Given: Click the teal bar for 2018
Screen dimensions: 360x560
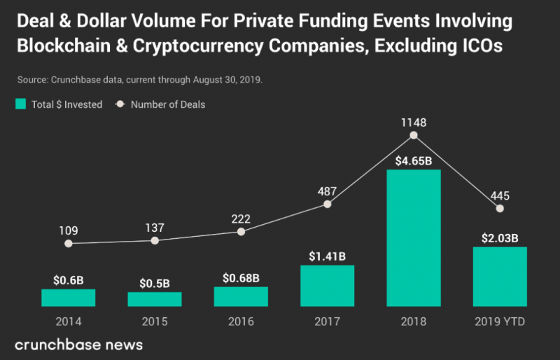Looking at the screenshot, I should pos(414,238).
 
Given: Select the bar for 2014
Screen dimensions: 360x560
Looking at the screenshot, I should pos(68,298).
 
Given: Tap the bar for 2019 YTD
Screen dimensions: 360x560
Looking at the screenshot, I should pos(500,277).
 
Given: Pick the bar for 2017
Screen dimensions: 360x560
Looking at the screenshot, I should pos(327,286).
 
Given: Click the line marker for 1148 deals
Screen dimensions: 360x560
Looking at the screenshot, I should pos(414,135).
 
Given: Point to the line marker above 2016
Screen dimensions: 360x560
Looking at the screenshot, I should pos(241,231).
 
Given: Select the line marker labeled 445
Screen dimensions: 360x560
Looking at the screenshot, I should pos(500,209).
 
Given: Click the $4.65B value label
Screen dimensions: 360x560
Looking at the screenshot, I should pos(414,161).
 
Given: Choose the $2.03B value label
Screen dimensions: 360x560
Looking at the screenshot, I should pos(500,238).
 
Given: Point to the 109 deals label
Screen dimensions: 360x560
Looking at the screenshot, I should pos(68,229).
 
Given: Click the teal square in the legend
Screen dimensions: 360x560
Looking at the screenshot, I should pos(20,104).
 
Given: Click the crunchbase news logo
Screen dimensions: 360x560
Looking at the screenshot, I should pos(78,345).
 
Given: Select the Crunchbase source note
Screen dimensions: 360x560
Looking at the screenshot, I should pos(138,79).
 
